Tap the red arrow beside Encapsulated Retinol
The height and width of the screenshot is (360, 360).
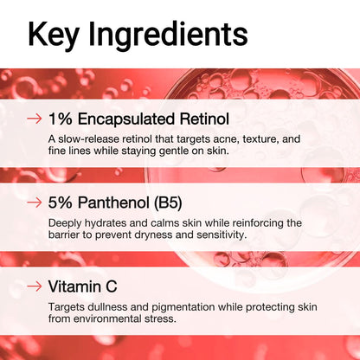(35, 118)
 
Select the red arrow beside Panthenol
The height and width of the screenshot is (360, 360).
(35, 202)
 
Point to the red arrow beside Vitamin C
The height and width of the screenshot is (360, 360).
(35, 285)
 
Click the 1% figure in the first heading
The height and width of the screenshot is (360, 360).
(61, 118)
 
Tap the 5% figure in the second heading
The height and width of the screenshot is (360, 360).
(61, 202)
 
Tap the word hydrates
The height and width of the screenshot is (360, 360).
(106, 222)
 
